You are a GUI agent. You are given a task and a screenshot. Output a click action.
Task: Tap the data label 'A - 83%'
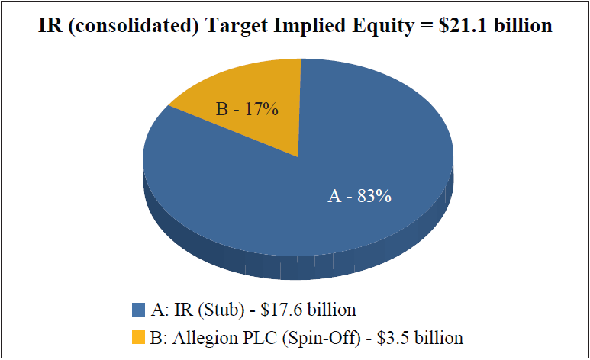click(359, 196)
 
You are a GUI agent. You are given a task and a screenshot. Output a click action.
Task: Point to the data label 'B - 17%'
click(247, 109)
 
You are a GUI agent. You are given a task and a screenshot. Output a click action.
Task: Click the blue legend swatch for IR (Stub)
click(138, 310)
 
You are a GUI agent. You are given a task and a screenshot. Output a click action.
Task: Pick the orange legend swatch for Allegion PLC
click(138, 336)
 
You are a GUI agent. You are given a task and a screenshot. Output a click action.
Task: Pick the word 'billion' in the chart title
click(526, 26)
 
